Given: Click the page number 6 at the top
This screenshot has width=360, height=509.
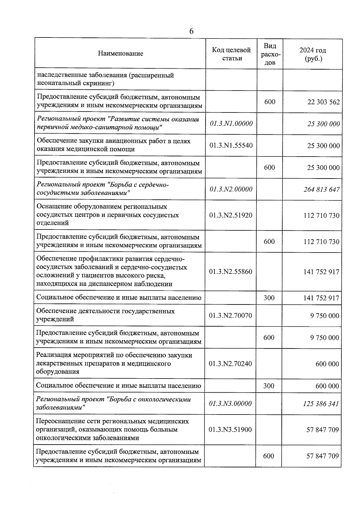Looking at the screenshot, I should tap(191, 31).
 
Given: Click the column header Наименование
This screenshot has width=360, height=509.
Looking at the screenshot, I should tap(120, 54).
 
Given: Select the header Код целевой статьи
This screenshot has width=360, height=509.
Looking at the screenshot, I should tap(231, 54).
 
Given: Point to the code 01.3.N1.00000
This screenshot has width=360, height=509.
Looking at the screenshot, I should tap(231, 124).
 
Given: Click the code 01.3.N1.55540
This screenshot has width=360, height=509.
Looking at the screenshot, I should tap(231, 145).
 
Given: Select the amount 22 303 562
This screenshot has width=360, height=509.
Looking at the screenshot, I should tap(323, 102).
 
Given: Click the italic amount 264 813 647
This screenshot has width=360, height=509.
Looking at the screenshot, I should tap(322, 190).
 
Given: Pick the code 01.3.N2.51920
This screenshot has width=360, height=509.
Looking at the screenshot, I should tap(231, 215).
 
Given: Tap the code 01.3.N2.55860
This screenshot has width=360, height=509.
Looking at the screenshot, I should tap(231, 272).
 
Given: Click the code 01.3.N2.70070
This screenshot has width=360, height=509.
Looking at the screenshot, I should tap(230, 316).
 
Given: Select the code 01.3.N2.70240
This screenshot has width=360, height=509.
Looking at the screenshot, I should tap(230, 364).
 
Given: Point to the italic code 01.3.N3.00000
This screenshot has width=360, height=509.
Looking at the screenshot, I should tap(230, 404).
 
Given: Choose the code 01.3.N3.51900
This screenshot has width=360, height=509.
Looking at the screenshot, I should tap(230, 430).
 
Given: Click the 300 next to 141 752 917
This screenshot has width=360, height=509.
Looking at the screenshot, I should tap(269, 298).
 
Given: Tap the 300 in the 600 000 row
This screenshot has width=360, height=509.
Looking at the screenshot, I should tap(269, 386).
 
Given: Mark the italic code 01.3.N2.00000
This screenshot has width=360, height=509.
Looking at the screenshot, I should tap(231, 189).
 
